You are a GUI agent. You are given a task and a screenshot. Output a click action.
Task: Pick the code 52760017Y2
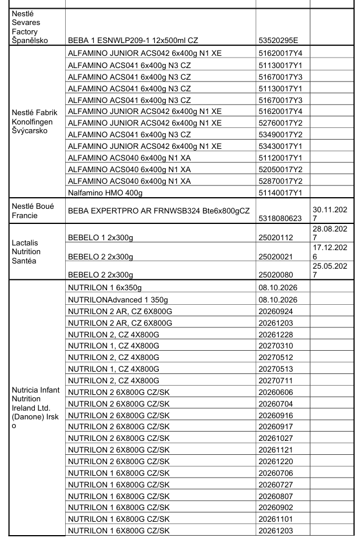(x=280, y=123)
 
